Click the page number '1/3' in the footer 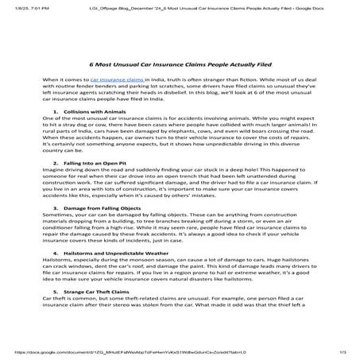(x=343, y=351)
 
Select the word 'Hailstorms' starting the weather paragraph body (x=57, y=284)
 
